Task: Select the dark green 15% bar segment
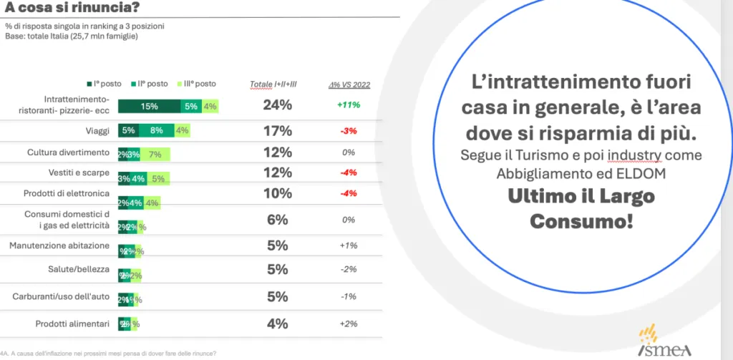click(149, 107)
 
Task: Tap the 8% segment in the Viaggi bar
click(157, 131)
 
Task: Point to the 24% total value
click(277, 105)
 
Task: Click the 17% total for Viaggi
click(277, 130)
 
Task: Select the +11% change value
click(349, 105)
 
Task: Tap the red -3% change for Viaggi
click(349, 131)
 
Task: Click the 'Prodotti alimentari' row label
click(73, 324)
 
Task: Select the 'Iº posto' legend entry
click(109, 84)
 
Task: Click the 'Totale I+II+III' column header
click(273, 84)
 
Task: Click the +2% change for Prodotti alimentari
click(349, 324)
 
